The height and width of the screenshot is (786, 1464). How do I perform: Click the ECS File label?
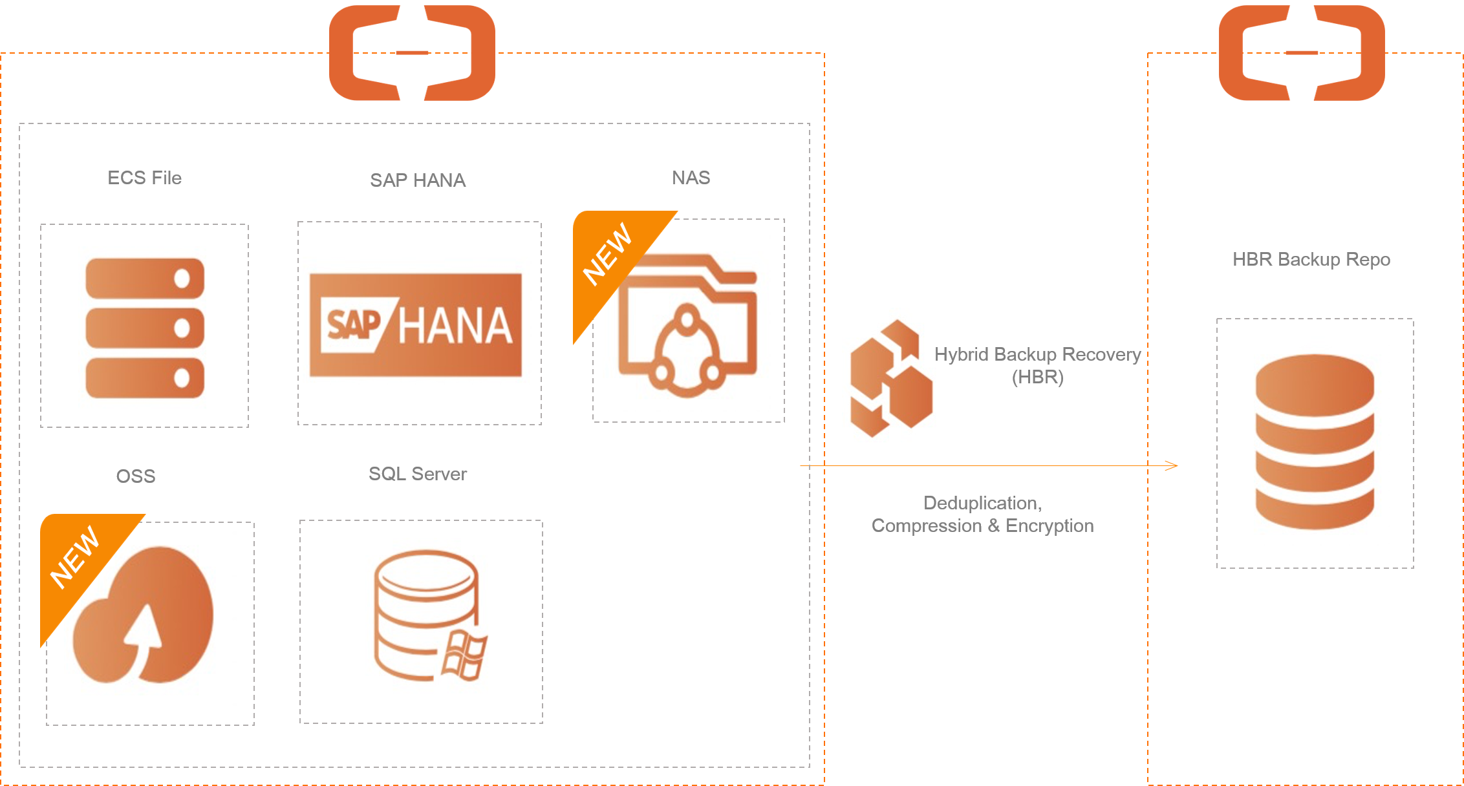pyautogui.click(x=145, y=178)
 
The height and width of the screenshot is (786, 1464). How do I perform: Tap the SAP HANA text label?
pyautogui.click(x=418, y=180)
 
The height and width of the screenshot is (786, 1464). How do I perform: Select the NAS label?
pyautogui.click(x=691, y=178)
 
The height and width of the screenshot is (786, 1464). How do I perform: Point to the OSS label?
pyautogui.click(x=136, y=476)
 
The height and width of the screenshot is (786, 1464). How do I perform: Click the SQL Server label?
pyautogui.click(x=418, y=474)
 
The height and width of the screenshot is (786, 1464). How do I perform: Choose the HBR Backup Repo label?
pyautogui.click(x=1311, y=259)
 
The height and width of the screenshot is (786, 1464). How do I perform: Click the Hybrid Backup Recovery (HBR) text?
pyautogui.click(x=1037, y=365)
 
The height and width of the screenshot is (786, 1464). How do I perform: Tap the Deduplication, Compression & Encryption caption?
pyautogui.click(x=982, y=515)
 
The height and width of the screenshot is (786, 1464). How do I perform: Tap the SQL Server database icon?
pyautogui.click(x=429, y=619)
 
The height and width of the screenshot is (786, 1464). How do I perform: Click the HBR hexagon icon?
pyautogui.click(x=895, y=379)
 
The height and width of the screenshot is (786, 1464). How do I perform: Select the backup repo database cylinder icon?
pyautogui.click(x=1315, y=441)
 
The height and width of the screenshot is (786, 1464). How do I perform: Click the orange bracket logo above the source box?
pyautogui.click(x=412, y=53)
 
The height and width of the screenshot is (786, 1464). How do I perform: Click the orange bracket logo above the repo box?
pyautogui.click(x=1302, y=53)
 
